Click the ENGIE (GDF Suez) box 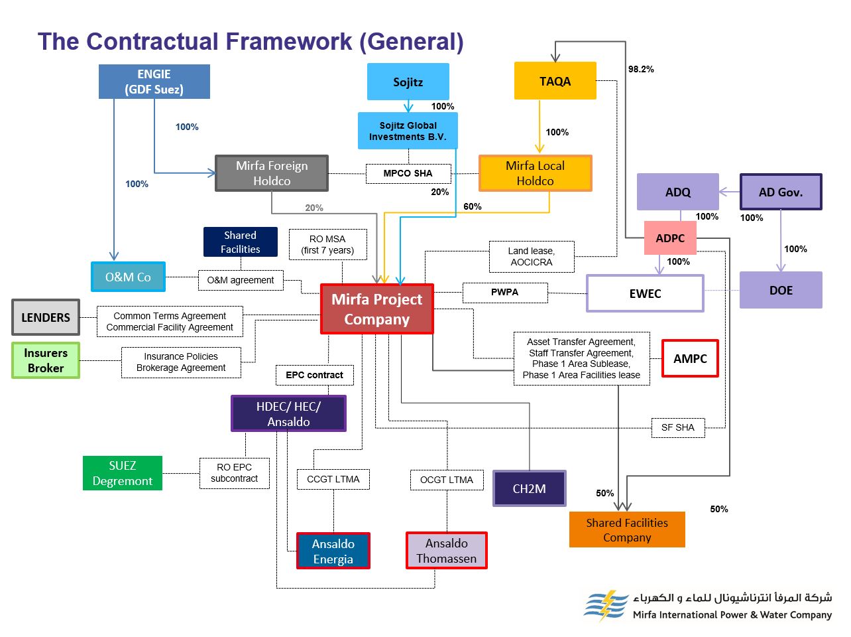click(154, 82)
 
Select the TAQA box click(555, 81)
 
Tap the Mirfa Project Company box click(376, 309)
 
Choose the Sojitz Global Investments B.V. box click(408, 131)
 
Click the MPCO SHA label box click(408, 173)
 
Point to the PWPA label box click(504, 292)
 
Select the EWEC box click(645, 293)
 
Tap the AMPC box click(690, 358)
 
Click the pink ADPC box click(670, 238)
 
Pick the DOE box click(781, 290)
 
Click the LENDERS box click(46, 317)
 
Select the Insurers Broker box click(46, 360)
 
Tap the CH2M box click(529, 488)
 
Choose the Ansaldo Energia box click(333, 551)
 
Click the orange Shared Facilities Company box click(626, 530)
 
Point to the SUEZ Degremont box click(122, 473)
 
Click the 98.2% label click(641, 69)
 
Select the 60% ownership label click(473, 206)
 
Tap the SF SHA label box click(677, 427)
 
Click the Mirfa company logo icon click(605, 604)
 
